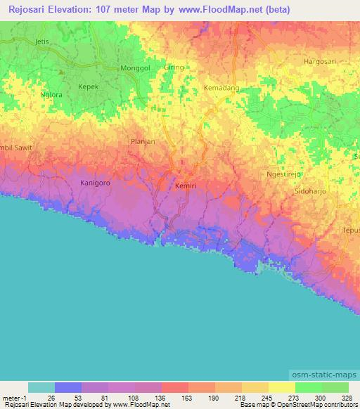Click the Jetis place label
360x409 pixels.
coord(44,42)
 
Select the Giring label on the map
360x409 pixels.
coord(174,67)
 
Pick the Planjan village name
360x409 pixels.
coord(143,141)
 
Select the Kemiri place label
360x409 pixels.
coord(186,186)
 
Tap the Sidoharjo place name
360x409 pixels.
coord(311,190)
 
